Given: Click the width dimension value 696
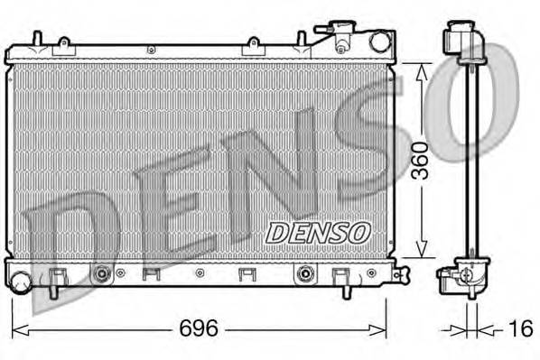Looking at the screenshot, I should point(199,329).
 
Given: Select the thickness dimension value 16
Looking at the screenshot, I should point(521,329).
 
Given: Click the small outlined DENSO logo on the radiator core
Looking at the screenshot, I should point(319,232).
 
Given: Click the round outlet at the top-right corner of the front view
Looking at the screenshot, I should point(379,41).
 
